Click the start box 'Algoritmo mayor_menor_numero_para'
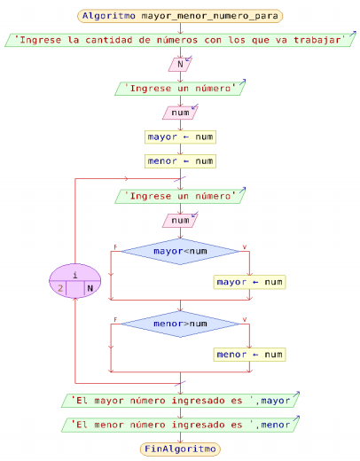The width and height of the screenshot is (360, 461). [180, 16]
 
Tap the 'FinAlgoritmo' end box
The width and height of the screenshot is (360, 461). [180, 449]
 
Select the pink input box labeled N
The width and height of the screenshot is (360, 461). [180, 64]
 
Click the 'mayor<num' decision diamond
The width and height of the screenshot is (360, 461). [180, 252]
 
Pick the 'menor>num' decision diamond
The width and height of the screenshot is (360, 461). [180, 324]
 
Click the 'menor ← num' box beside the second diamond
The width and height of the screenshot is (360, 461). [249, 355]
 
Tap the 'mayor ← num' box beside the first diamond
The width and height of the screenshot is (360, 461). [249, 282]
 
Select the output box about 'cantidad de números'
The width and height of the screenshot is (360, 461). [180, 40]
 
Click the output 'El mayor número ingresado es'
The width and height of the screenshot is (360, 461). [180, 401]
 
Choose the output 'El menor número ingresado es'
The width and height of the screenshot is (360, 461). [180, 425]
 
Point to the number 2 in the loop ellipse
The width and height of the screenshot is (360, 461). [60, 288]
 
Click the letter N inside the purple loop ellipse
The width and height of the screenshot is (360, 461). [90, 288]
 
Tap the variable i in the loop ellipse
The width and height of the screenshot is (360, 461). [75, 275]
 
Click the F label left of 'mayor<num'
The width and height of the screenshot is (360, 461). [115, 246]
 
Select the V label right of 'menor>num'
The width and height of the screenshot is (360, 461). [245, 319]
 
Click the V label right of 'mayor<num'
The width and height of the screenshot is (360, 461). [245, 246]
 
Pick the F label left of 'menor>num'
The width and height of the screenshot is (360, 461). [115, 319]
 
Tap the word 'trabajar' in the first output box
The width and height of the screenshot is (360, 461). [317, 40]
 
